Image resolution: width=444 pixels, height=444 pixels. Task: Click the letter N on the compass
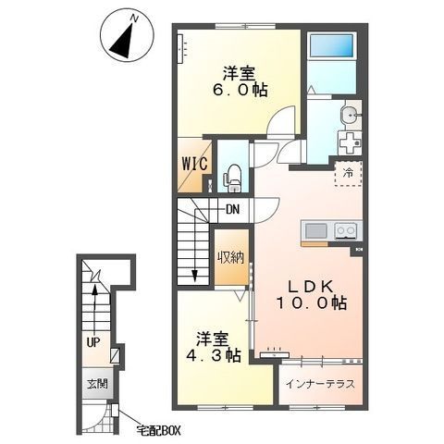pyautogui.click(x=134, y=18)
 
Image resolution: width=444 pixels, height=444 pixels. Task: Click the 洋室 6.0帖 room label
pyautogui.click(x=240, y=81)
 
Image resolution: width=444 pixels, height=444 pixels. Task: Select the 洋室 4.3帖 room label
pyautogui.click(x=213, y=347)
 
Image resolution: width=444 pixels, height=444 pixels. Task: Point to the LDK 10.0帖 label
pyautogui.click(x=311, y=295)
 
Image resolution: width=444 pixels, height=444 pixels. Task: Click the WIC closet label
pyautogui.click(x=194, y=164)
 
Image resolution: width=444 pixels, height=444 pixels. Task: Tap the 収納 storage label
pyautogui.click(x=231, y=257)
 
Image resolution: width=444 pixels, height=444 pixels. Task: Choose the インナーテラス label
pyautogui.click(x=321, y=384)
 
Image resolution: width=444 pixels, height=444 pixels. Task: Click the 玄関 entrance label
pyautogui.click(x=97, y=384)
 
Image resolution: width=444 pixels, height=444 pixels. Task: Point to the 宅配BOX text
pyautogui.click(x=158, y=430)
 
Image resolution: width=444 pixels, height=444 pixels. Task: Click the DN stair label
pyautogui.click(x=233, y=210)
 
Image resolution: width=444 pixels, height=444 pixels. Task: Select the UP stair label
pyautogui.click(x=93, y=342)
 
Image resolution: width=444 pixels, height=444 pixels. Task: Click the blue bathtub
pyautogui.click(x=331, y=45)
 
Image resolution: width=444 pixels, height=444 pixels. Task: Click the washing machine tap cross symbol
pyautogui.click(x=350, y=142)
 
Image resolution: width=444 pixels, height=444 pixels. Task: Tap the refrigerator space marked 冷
pyautogui.click(x=349, y=173)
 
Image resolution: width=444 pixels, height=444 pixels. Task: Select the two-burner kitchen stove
pyautogui.click(x=346, y=230)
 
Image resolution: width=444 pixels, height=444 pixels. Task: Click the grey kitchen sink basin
pyautogui.click(x=316, y=230)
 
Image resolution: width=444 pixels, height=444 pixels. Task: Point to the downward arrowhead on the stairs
pyautogui.click(x=194, y=276)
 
